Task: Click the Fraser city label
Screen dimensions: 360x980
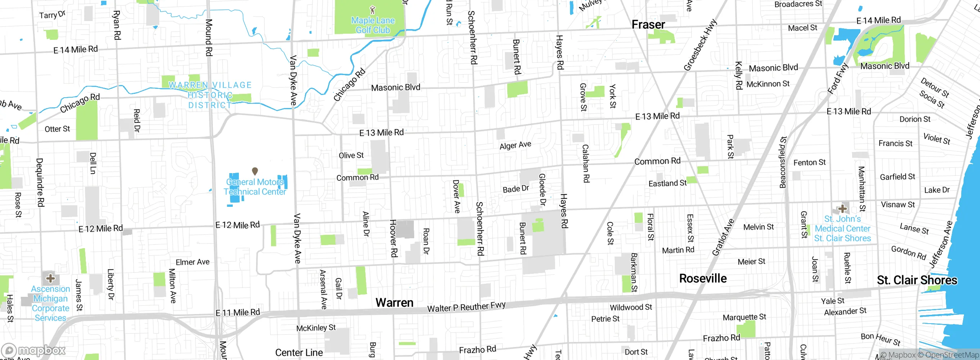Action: click(x=648, y=25)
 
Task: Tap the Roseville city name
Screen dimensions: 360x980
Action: click(x=702, y=278)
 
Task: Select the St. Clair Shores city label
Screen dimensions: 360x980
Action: click(x=917, y=280)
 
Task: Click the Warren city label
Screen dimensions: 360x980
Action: click(x=394, y=303)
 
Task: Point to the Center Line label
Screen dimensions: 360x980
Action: click(x=299, y=352)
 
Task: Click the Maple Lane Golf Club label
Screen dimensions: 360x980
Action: click(x=373, y=25)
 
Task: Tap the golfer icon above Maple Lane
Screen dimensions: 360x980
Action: click(x=372, y=10)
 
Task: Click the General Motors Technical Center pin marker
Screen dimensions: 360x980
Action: click(x=255, y=171)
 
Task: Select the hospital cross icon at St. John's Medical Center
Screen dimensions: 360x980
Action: click(x=842, y=209)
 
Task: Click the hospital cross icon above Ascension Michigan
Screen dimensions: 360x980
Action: click(x=50, y=278)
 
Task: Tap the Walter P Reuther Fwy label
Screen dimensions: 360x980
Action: click(x=466, y=307)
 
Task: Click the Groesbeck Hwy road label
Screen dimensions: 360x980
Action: click(x=700, y=45)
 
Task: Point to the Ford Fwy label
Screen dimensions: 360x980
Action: click(x=838, y=79)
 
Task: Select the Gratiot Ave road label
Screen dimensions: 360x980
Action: click(x=723, y=237)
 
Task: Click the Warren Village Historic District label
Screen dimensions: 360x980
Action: click(x=210, y=95)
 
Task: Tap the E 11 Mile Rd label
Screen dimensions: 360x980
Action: click(x=238, y=313)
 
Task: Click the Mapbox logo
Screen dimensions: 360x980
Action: click(x=34, y=350)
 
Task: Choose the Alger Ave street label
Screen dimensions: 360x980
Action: click(x=515, y=145)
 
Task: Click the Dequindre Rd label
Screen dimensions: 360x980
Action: click(x=40, y=182)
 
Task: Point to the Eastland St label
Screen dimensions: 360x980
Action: click(x=667, y=183)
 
